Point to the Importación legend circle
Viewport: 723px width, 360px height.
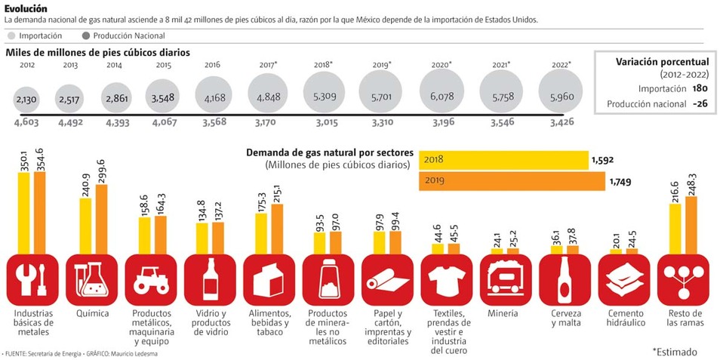click(11, 35)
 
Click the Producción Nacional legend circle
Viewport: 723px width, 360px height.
click(85, 35)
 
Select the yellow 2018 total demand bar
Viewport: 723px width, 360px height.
click(503, 160)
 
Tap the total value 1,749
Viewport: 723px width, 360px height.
click(620, 182)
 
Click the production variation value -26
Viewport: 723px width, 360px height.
click(700, 104)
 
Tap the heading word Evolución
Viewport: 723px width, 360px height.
click(26, 8)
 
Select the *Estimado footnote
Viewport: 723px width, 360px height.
click(674, 352)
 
